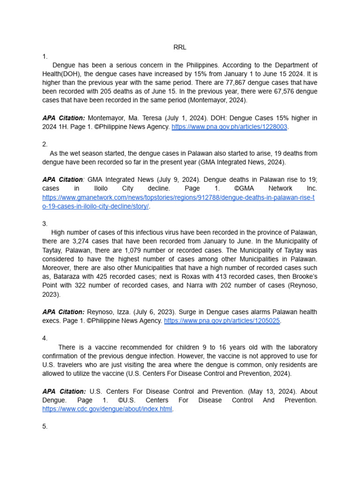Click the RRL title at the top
[x=180, y=47]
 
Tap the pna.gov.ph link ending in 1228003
[x=229, y=127]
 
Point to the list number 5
[x=45, y=427]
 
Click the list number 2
[x=45, y=144]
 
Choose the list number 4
[x=45, y=338]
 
